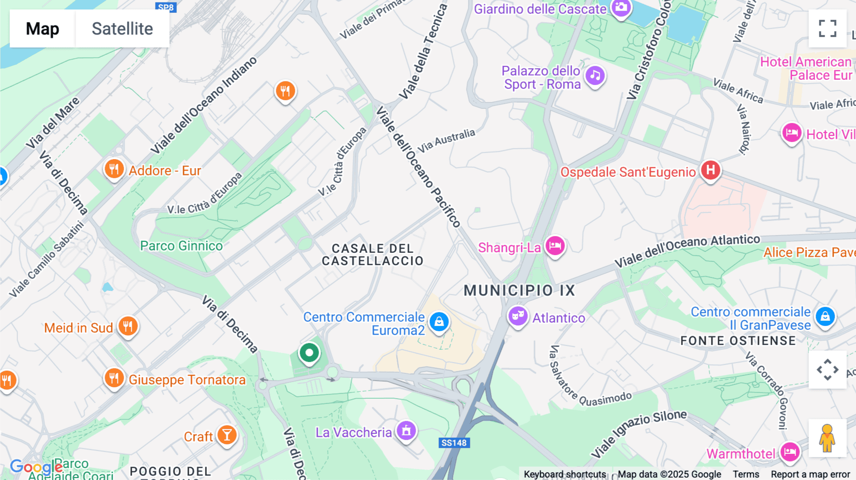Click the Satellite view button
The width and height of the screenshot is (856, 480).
122,29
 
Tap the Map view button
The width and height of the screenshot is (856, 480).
42,29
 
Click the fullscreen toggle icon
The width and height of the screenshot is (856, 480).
827,29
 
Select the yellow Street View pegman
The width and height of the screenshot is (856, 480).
827,438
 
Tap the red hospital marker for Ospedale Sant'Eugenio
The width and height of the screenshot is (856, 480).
710,170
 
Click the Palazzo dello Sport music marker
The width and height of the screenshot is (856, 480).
595,76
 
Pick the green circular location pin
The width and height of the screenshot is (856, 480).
309,353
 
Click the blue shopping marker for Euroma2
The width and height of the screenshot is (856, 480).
439,322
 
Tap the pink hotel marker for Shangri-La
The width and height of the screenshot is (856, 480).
554,246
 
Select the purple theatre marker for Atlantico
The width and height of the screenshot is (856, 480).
518,316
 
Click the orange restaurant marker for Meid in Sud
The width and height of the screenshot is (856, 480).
127,326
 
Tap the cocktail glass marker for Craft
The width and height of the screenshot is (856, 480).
227,435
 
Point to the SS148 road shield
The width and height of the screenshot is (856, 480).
454,443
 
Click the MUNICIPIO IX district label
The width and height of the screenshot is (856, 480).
519,290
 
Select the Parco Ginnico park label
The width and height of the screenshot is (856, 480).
181,246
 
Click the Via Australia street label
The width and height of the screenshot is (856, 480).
446,140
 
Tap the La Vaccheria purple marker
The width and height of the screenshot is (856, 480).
406,431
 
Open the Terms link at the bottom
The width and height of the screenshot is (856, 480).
746,474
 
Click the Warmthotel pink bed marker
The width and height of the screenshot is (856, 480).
790,452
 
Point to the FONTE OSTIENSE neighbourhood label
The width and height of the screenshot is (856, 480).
738,341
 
